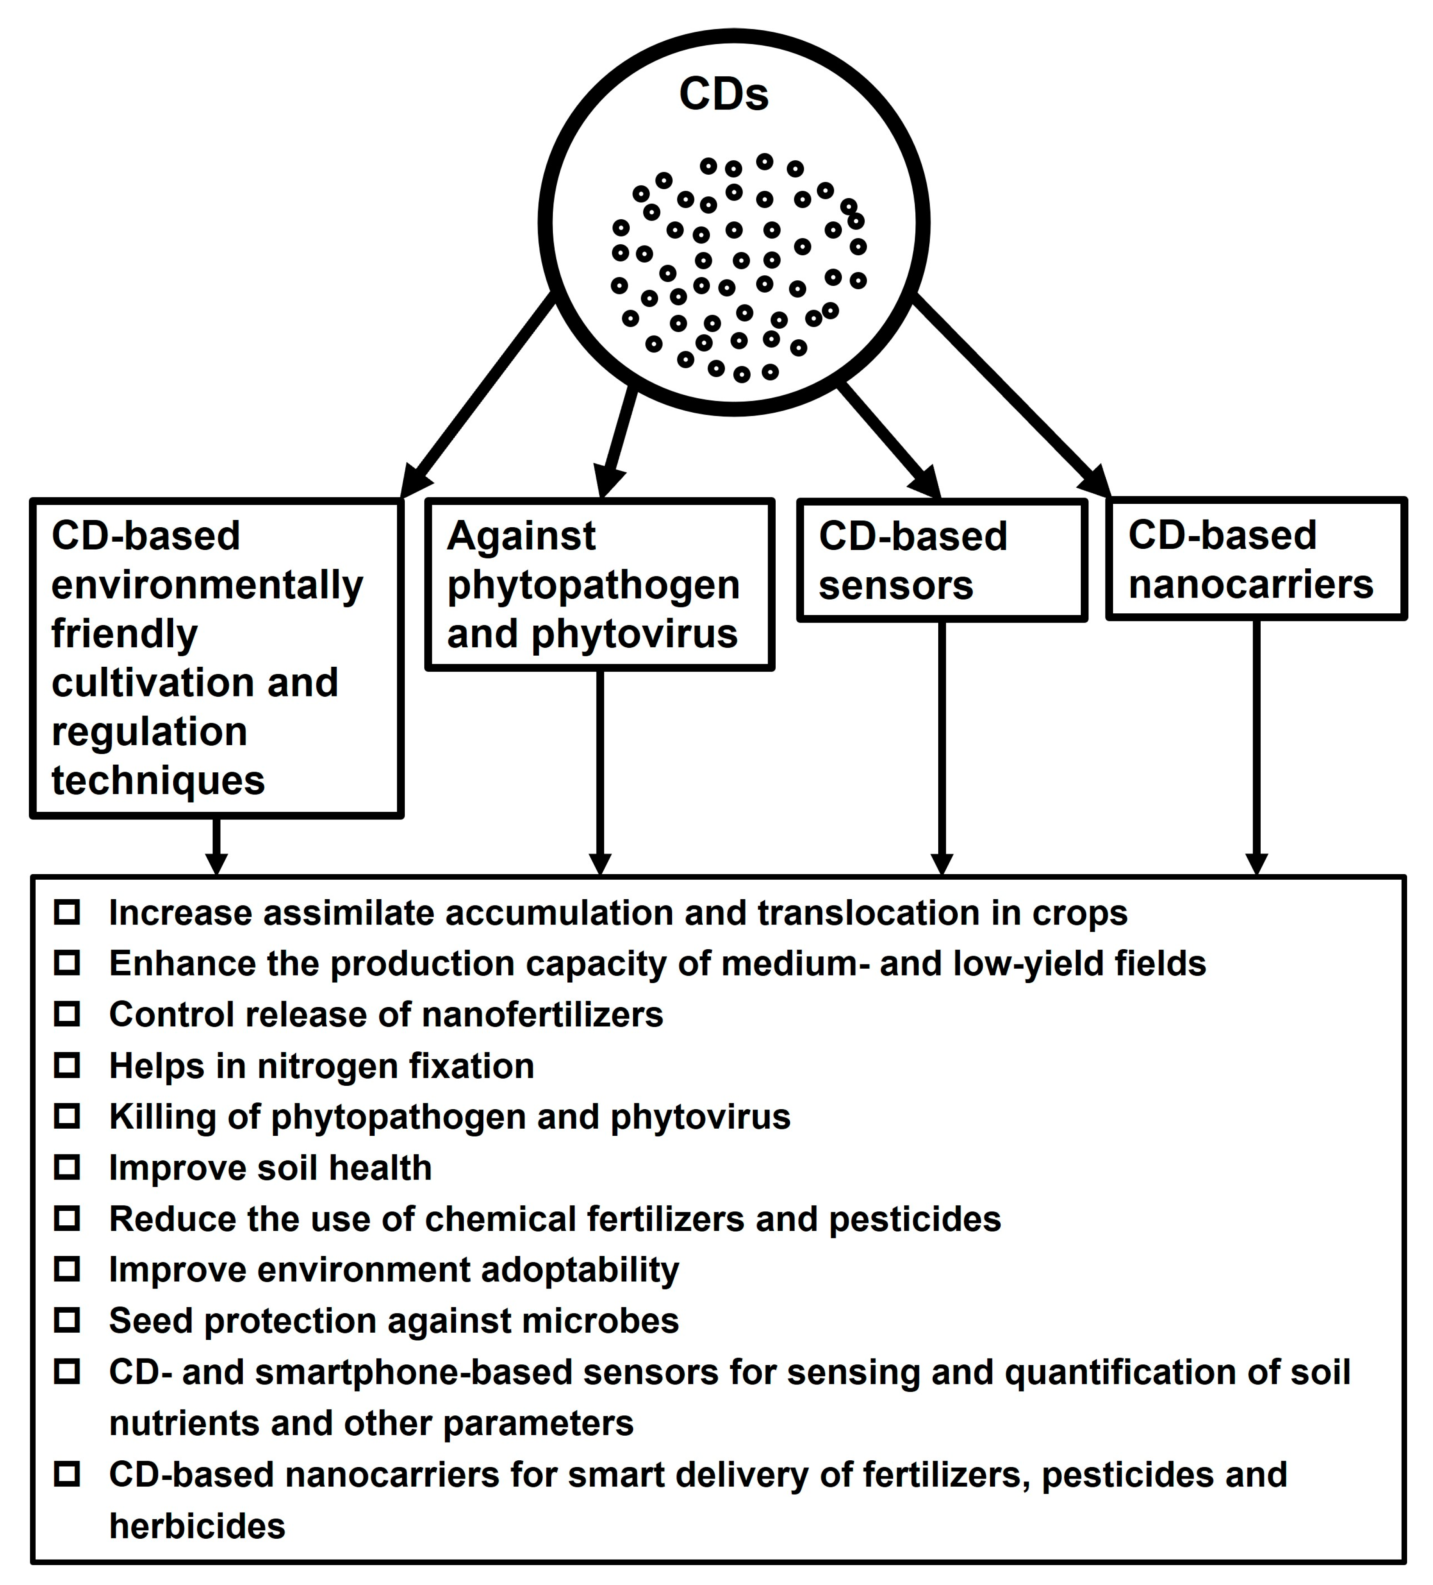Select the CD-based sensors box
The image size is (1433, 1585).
(x=942, y=560)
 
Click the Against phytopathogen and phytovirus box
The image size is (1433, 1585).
(x=599, y=584)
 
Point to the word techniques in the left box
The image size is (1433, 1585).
(x=158, y=781)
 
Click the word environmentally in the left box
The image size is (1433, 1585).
(x=207, y=585)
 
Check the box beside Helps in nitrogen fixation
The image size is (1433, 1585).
(x=67, y=1066)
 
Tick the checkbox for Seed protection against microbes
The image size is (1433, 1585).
(x=67, y=1320)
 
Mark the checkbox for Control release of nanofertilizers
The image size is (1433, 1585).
(x=67, y=1014)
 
